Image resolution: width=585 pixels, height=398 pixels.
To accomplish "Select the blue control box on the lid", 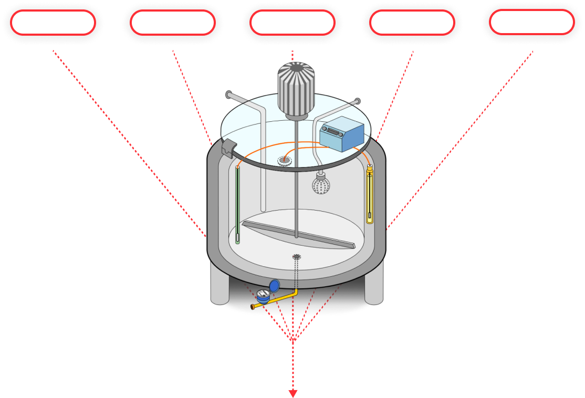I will [342, 134].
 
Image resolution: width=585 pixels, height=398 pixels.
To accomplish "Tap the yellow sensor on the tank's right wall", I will [370, 194].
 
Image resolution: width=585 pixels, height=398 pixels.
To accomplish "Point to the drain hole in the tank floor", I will [297, 256].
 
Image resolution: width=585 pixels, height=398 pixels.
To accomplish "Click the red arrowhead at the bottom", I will [293, 393].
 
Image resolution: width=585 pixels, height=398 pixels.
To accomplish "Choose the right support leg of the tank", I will [374, 287].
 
